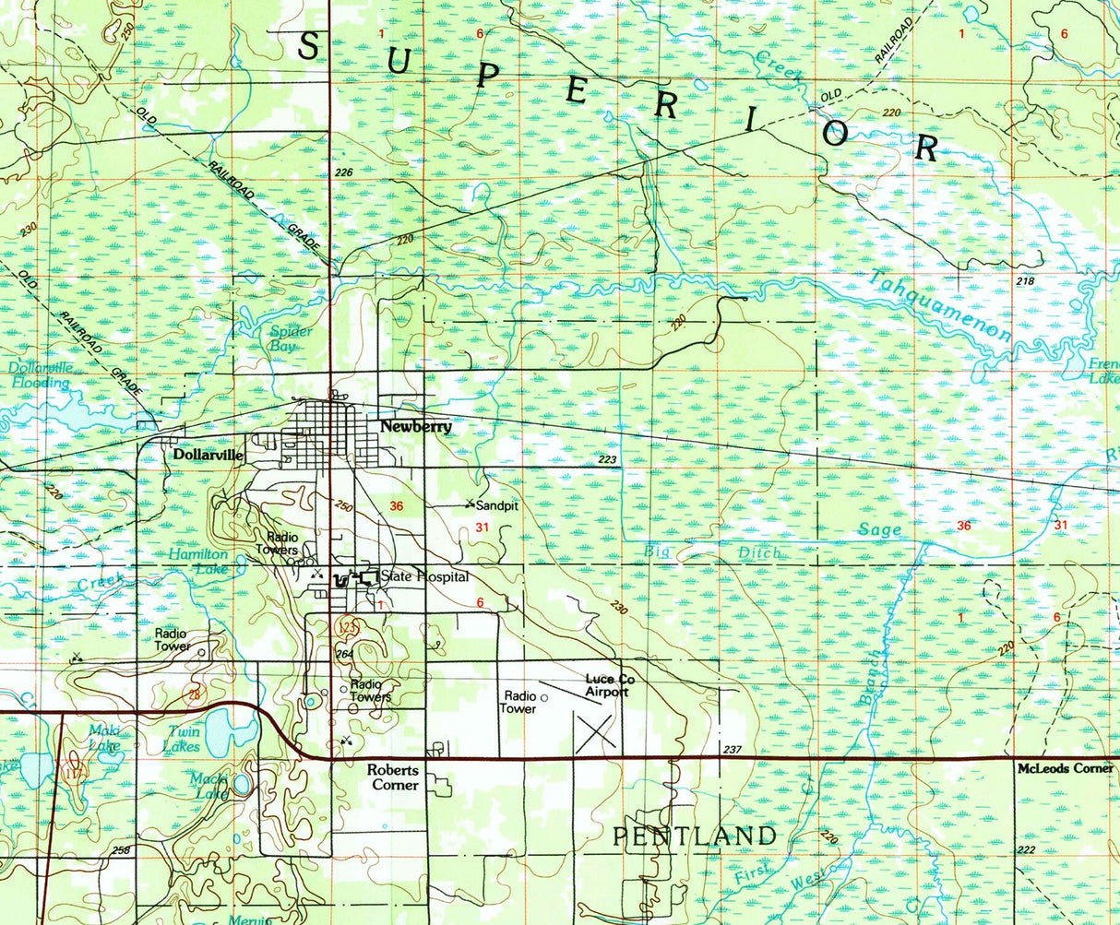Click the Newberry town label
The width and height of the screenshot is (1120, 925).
[x=416, y=427]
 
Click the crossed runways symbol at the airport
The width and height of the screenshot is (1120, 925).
[x=596, y=730]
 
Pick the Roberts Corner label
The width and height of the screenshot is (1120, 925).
[x=393, y=777]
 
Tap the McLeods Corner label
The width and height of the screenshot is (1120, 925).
[x=1065, y=768]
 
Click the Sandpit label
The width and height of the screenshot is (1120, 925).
[x=497, y=505]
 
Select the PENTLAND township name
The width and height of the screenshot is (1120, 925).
[x=695, y=836]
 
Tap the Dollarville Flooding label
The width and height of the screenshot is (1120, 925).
[x=40, y=374]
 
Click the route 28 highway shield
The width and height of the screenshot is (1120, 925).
[x=193, y=694]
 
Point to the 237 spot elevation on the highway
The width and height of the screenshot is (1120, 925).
[x=732, y=750]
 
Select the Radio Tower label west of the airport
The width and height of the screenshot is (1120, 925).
[x=518, y=703]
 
